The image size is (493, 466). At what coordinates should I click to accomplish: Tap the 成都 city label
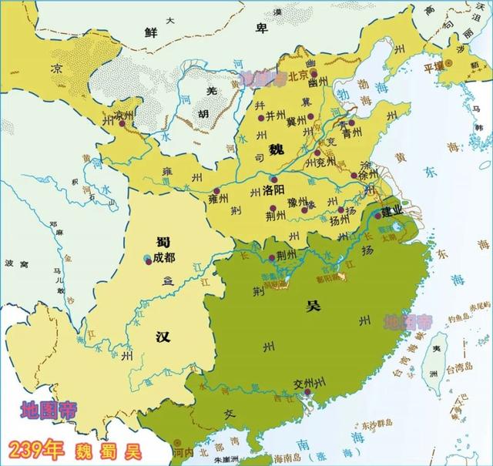coord(164,258)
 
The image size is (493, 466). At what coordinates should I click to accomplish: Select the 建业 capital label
coord(394,210)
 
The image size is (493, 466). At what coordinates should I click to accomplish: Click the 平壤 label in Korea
coord(430,66)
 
